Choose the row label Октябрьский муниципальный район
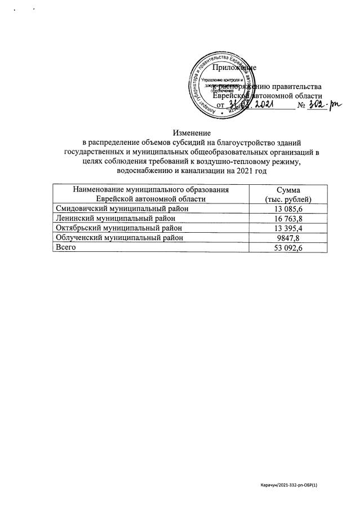tap(118, 228)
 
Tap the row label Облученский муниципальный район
tap(119, 238)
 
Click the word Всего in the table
tap(64, 247)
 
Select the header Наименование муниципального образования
tap(150, 190)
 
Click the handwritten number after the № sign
tap(326, 105)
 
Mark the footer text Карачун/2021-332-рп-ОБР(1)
tap(293, 485)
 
